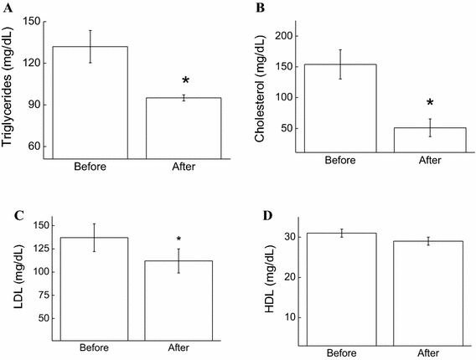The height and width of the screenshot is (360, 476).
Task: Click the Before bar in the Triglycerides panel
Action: coord(91,101)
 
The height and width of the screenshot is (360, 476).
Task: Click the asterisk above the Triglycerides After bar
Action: coord(185,82)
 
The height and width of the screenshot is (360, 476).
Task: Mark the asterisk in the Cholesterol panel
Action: coord(430,104)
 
